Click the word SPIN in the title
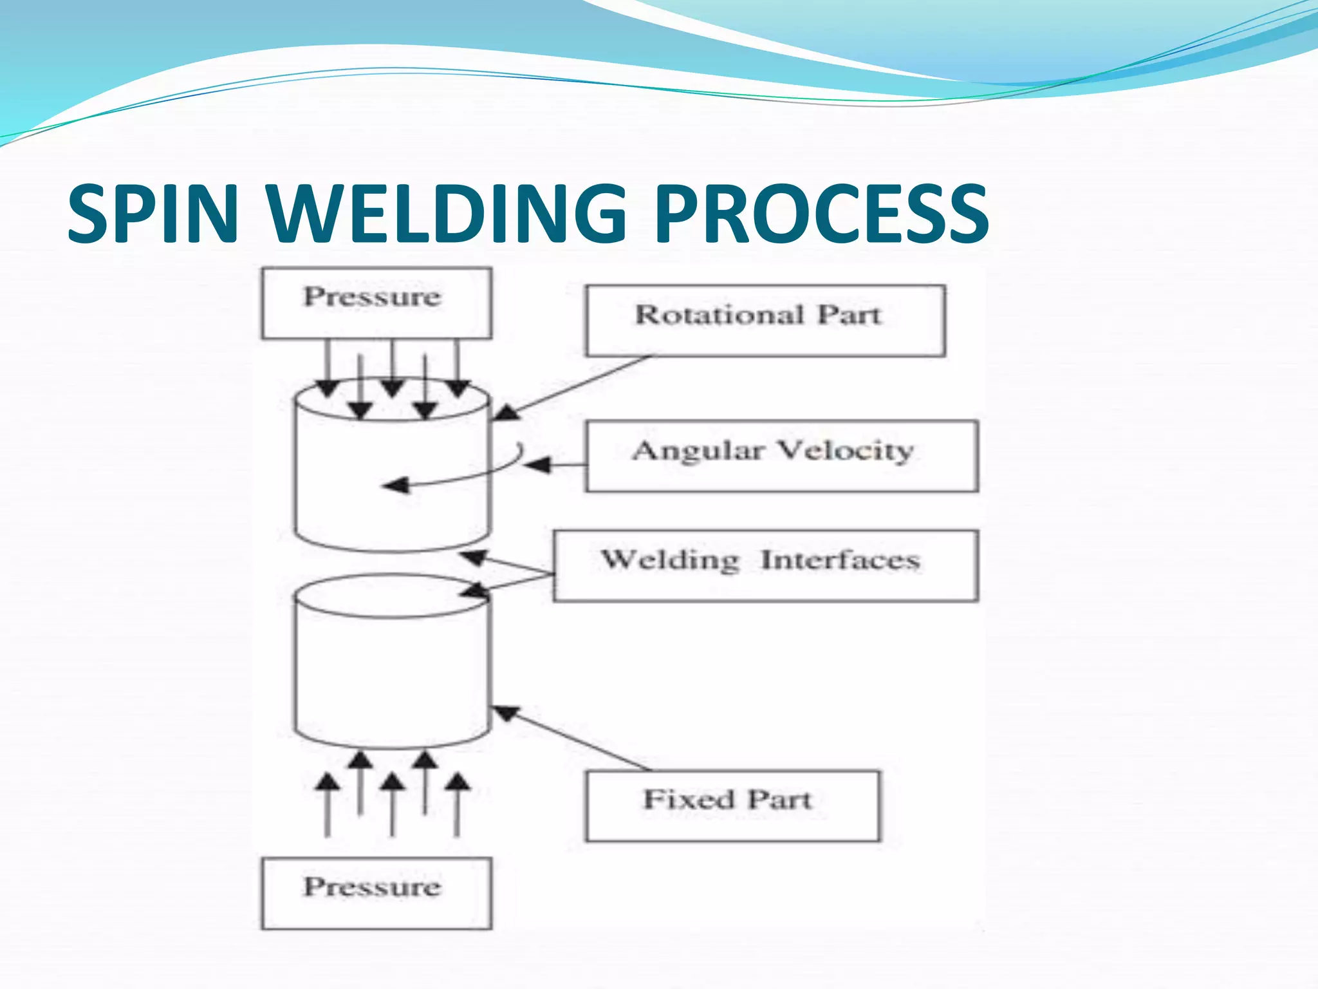(153, 214)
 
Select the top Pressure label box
(376, 303)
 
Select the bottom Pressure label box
(376, 892)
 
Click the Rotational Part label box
(765, 320)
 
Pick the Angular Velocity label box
(781, 456)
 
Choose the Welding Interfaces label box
(765, 565)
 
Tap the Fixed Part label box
(732, 805)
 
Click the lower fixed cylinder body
(391, 676)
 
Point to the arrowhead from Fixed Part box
(506, 712)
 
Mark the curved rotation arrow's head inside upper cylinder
(396, 485)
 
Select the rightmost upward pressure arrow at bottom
(457, 805)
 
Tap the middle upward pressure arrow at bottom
(393, 805)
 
